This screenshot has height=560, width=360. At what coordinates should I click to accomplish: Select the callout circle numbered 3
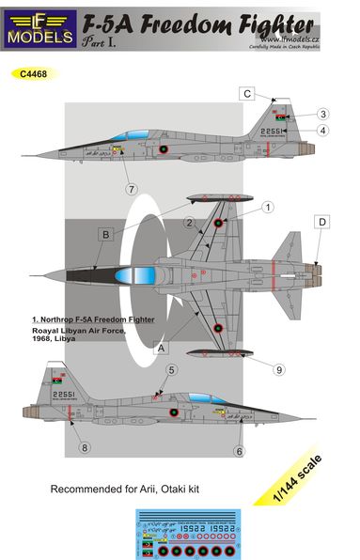321,113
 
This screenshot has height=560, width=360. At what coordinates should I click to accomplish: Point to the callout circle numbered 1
267,207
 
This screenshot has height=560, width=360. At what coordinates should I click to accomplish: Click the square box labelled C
246,93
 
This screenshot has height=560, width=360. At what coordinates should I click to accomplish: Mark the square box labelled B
106,235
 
